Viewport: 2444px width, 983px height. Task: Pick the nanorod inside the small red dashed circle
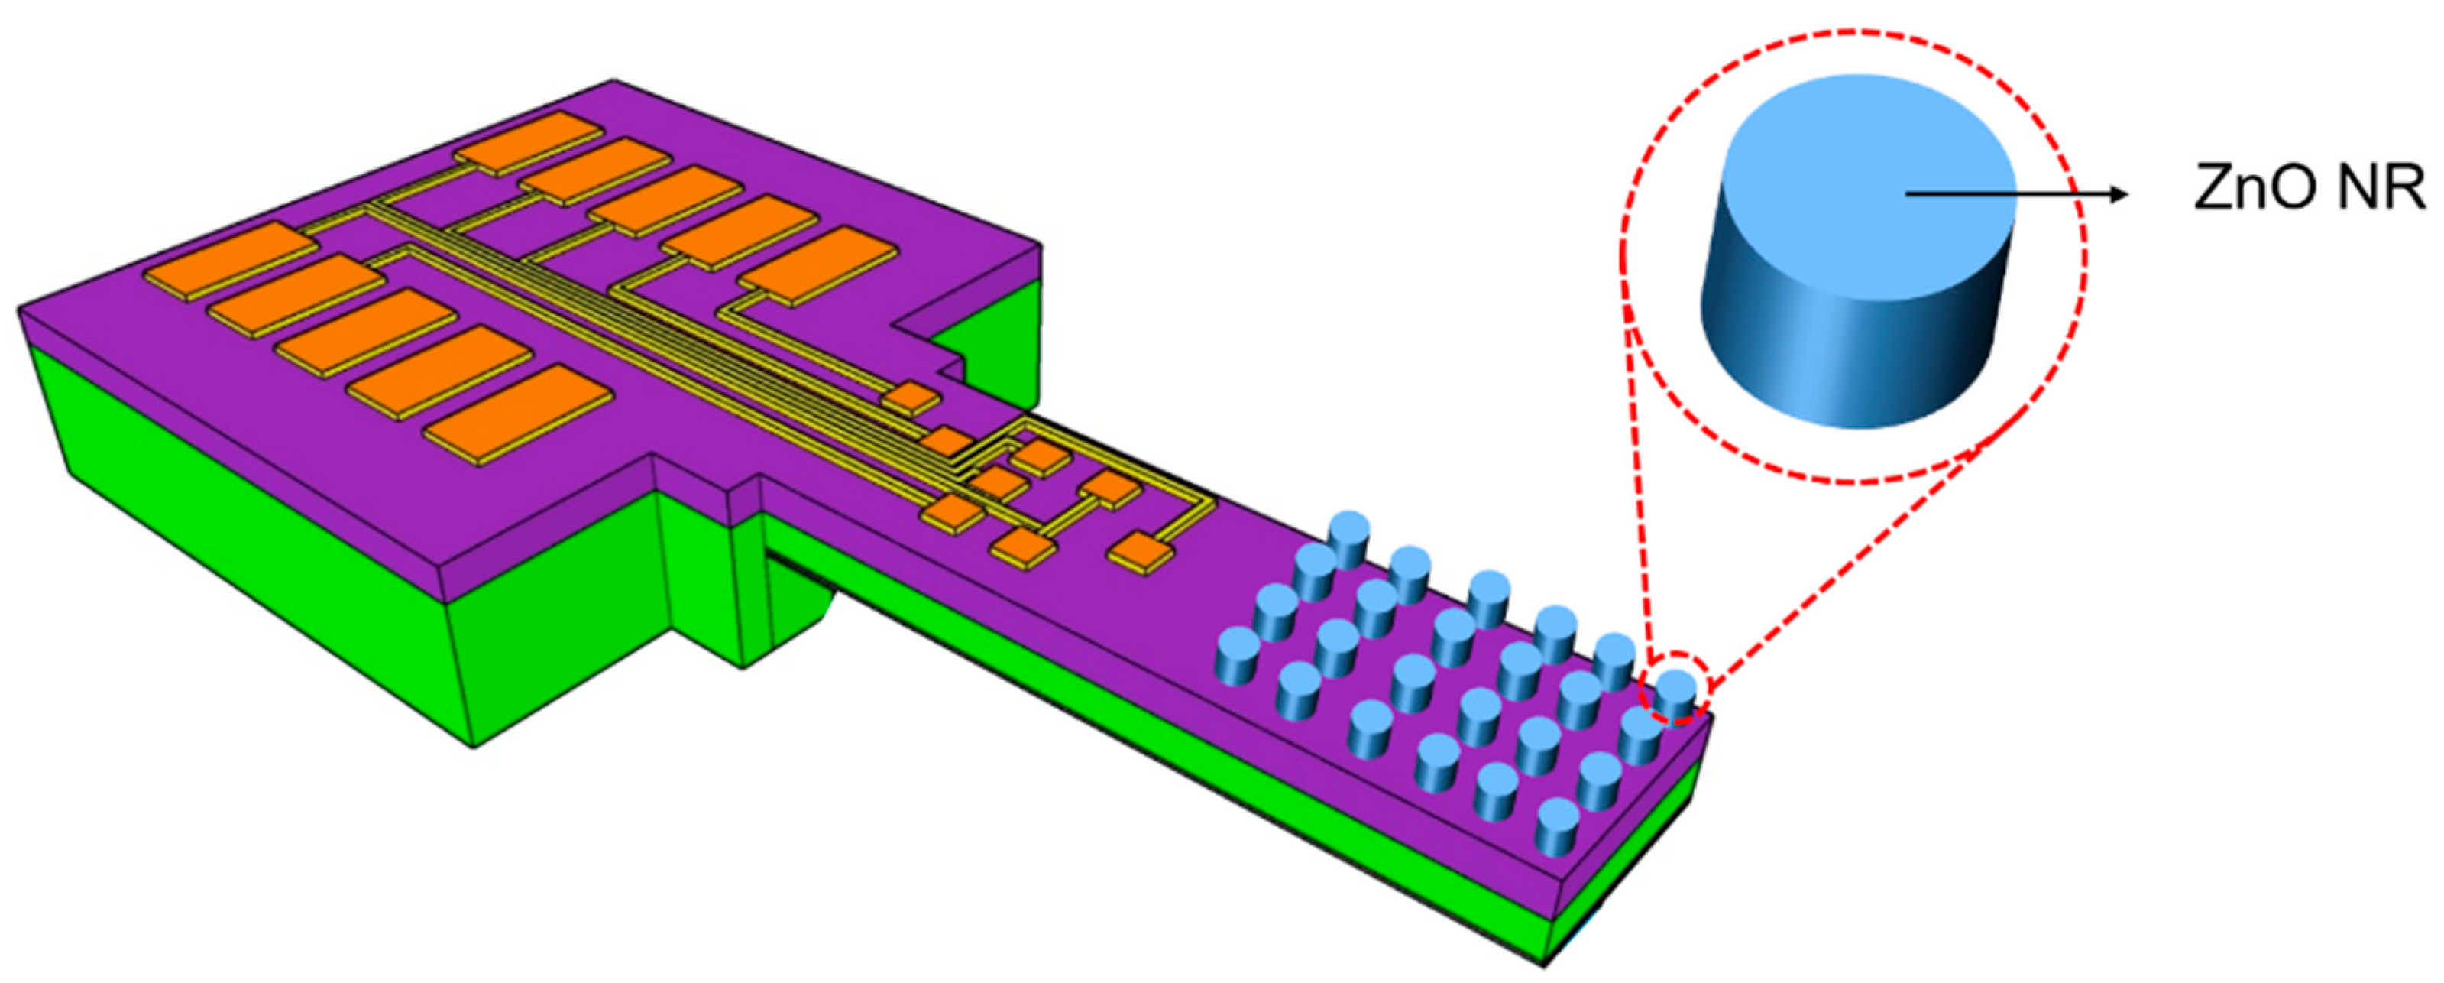pyautogui.click(x=1676, y=696)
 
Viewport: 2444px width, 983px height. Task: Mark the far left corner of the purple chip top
pyautogui.click(x=21, y=307)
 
